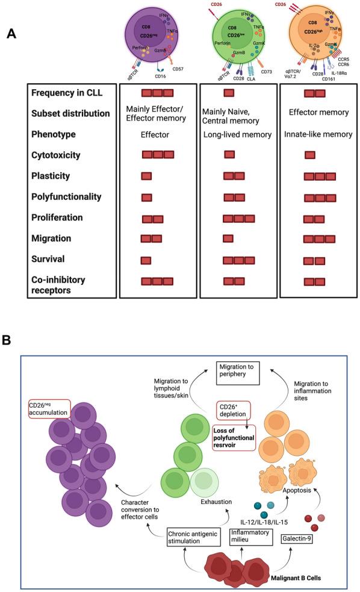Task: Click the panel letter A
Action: [x=10, y=34]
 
